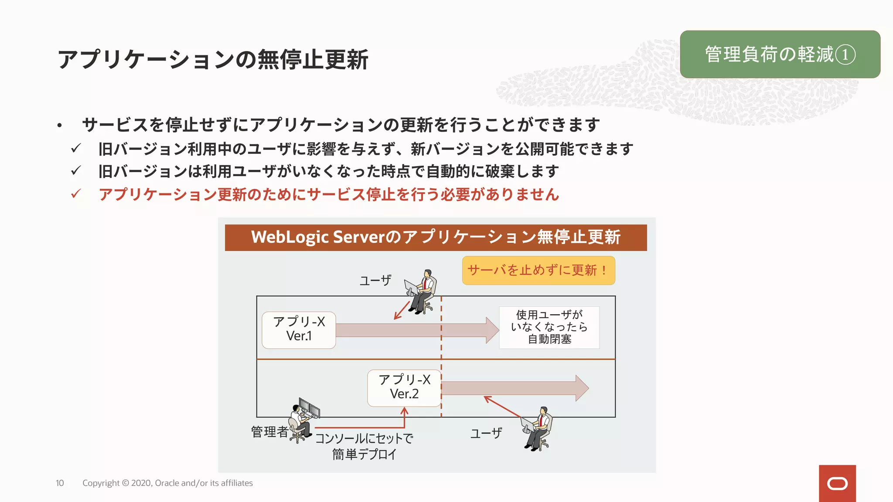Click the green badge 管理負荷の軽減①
(780, 54)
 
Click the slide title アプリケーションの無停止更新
(213, 60)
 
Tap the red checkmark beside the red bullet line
(76, 194)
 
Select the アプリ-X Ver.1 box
(299, 330)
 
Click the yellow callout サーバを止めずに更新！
(538, 271)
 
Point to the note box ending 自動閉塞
(549, 327)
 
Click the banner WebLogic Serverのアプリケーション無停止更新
(436, 237)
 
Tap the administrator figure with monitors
(304, 420)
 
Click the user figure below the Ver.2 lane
(538, 428)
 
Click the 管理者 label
(269, 432)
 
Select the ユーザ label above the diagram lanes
(375, 280)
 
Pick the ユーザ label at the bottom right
(486, 433)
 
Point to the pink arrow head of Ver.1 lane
(492, 330)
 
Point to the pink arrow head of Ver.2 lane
(582, 388)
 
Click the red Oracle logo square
(837, 483)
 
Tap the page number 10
(60, 483)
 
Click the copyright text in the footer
(167, 483)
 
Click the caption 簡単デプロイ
(364, 455)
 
